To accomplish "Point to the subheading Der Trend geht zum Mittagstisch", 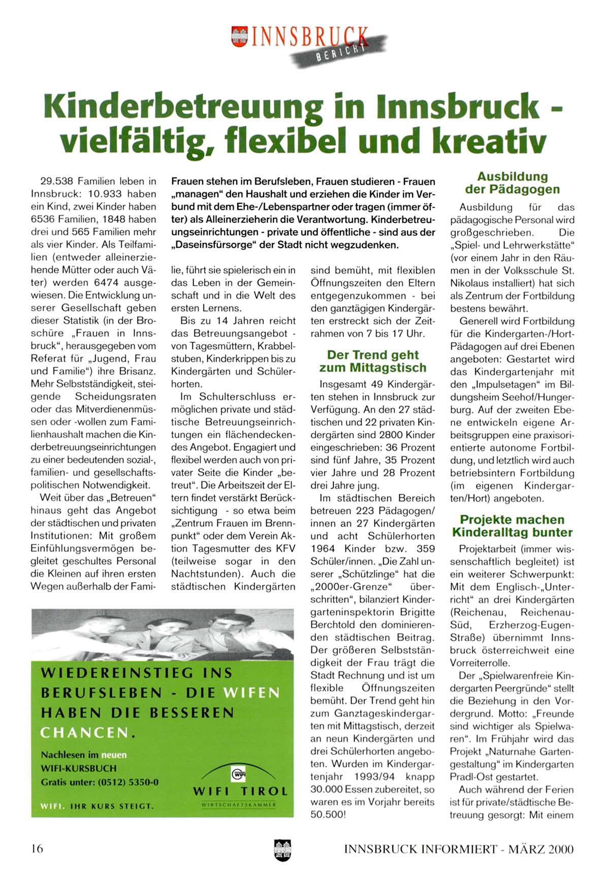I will tap(372, 361).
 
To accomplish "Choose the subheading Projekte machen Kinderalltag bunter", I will tap(512, 526).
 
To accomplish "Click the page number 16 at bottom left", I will tap(37, 848).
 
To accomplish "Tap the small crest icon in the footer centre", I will tap(280, 849).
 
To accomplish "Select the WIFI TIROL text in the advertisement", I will tap(240, 791).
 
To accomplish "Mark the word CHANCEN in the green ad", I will tap(84, 732).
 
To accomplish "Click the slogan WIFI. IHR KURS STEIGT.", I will tap(97, 806).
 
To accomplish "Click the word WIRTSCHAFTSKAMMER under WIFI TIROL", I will tap(239, 804).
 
